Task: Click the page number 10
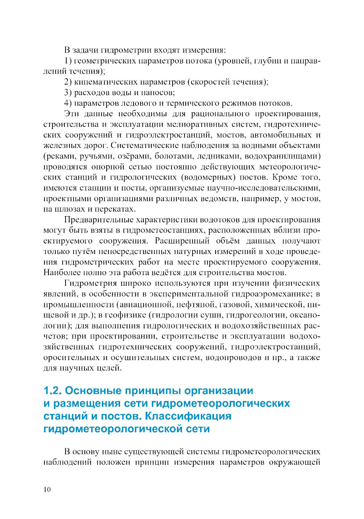(x=47, y=489)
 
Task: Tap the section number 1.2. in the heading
(x=53, y=391)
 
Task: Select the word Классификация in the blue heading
(x=188, y=416)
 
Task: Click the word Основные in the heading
(x=93, y=391)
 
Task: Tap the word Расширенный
(x=182, y=241)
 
